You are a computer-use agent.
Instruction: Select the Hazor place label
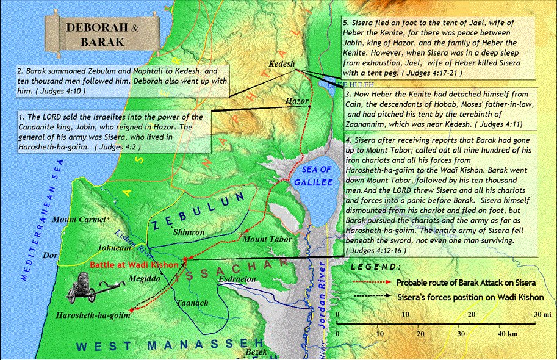click(296, 101)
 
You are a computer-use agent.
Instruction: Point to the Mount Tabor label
click(264, 239)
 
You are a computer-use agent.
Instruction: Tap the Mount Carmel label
click(79, 219)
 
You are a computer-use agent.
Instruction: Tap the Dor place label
click(48, 256)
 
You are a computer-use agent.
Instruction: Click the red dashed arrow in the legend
click(373, 283)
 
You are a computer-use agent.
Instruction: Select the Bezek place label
click(255, 353)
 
